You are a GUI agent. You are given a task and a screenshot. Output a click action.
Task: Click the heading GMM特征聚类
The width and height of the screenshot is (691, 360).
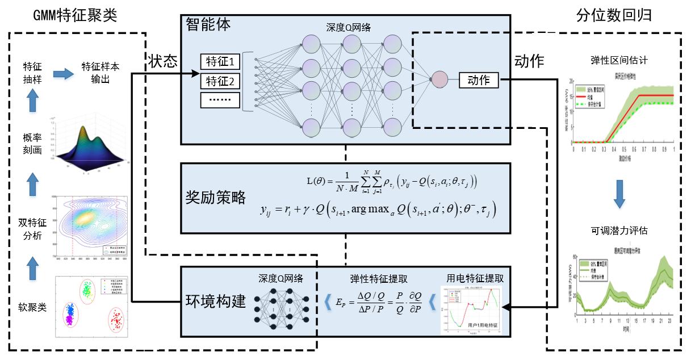pyautogui.click(x=75, y=15)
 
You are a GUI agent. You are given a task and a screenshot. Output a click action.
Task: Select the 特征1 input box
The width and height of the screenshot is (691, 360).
pyautogui.click(x=220, y=61)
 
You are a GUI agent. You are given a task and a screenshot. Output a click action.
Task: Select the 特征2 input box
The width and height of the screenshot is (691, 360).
pyautogui.click(x=220, y=81)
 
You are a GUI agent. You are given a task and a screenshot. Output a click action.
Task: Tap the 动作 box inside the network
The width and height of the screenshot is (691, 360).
pyautogui.click(x=478, y=80)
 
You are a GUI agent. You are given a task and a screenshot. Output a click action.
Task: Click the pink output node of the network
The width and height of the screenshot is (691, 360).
pyautogui.click(x=439, y=80)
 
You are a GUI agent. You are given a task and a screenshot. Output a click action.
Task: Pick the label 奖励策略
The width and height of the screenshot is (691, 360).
pyautogui.click(x=216, y=197)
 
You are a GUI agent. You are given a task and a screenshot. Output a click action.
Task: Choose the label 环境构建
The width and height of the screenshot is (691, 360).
pyautogui.click(x=216, y=300)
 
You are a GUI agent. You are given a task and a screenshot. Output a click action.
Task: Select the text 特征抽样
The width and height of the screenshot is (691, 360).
pyautogui.click(x=32, y=73)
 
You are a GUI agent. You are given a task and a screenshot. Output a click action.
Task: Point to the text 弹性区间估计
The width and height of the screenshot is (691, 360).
pyautogui.click(x=618, y=60)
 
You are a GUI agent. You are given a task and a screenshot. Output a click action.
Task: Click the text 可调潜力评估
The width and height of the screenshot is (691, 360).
pyautogui.click(x=618, y=231)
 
